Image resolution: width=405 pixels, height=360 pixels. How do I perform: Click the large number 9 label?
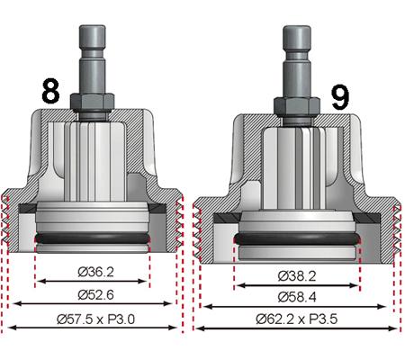pyautogui.click(x=340, y=97)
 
